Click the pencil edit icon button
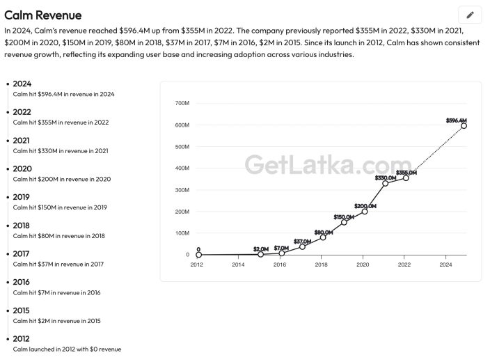point(470,15)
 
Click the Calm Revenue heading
point(43,15)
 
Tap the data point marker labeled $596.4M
point(464,126)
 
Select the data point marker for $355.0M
point(406,178)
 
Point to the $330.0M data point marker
point(385,183)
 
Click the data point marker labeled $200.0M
point(365,212)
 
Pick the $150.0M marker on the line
point(344,222)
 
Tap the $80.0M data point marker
point(323,237)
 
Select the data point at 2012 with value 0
point(198,255)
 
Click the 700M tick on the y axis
point(182,103)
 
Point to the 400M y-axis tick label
point(182,168)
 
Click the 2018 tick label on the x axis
point(322,265)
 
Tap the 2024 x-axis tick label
point(445,265)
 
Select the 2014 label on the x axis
point(238,265)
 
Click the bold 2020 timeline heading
point(22,168)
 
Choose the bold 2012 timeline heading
point(22,339)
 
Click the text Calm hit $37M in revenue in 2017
point(58,264)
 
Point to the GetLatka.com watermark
point(328,164)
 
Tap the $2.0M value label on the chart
point(261,249)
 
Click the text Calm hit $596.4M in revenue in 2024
point(64,94)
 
